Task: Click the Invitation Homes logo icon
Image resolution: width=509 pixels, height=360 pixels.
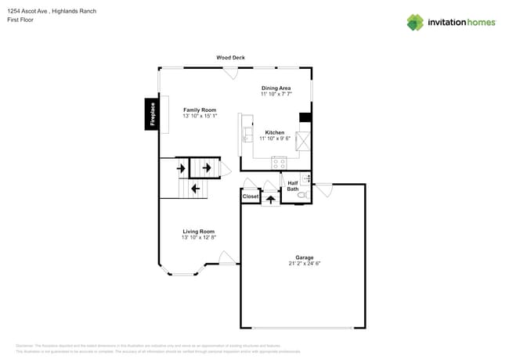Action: point(415,22)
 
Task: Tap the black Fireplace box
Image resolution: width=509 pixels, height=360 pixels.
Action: point(152,113)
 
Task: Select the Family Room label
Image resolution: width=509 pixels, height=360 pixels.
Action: point(200,110)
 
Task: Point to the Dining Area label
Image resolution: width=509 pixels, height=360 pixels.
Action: point(276,88)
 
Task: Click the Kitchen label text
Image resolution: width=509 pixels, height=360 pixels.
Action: point(275,132)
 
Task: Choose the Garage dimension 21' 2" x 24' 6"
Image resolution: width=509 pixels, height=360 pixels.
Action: point(304,264)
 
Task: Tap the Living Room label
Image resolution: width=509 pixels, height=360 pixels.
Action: point(199,231)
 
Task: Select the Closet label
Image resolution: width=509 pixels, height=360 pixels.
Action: point(251,196)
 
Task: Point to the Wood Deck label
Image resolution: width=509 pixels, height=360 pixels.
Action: point(229,58)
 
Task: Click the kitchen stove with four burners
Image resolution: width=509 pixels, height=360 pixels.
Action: point(279,163)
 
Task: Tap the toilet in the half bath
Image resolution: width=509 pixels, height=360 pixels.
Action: point(303,194)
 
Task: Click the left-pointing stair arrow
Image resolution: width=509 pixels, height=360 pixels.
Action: point(195,188)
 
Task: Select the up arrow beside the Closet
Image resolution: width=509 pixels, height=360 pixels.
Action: point(271,199)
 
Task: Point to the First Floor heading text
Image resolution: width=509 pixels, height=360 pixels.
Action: point(21,20)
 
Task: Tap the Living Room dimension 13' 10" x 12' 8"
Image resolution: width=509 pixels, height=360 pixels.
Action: point(199,237)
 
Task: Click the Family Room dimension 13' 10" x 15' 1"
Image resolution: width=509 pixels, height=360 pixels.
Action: point(200,116)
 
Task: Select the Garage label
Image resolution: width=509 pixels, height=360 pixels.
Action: point(304,257)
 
